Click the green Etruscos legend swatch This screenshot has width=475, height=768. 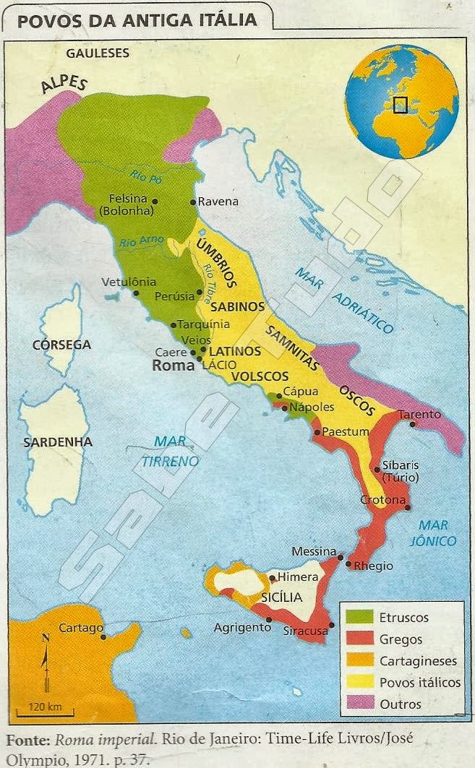(x=359, y=617)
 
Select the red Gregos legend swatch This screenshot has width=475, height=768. (x=359, y=639)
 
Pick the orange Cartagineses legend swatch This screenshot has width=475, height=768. (x=359, y=660)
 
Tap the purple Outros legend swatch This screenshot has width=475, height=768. (x=359, y=704)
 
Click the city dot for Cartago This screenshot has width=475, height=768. (x=105, y=637)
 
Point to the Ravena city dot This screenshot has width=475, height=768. (x=192, y=202)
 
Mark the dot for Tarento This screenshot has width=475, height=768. (x=411, y=424)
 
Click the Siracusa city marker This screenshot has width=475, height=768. (x=332, y=625)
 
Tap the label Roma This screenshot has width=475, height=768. (x=174, y=366)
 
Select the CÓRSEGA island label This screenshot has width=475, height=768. (x=61, y=345)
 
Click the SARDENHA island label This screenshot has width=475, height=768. (x=58, y=441)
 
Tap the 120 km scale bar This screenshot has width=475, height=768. (x=45, y=714)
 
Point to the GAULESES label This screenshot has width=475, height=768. (x=98, y=53)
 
